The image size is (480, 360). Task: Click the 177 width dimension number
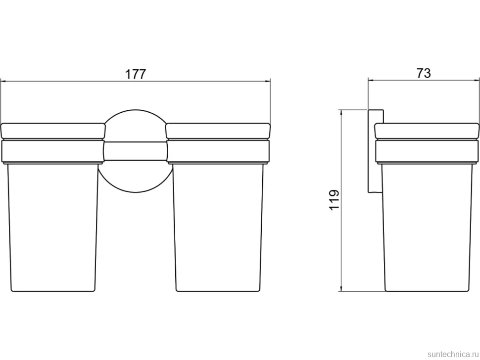click(x=136, y=74)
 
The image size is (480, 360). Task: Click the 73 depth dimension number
click(x=424, y=73)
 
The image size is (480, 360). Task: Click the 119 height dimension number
click(x=334, y=200)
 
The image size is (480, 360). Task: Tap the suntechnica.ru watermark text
click(x=452, y=354)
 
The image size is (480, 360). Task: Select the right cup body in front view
click(x=218, y=227)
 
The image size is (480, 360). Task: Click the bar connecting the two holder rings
click(x=136, y=151)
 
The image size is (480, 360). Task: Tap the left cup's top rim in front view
click(x=53, y=131)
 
